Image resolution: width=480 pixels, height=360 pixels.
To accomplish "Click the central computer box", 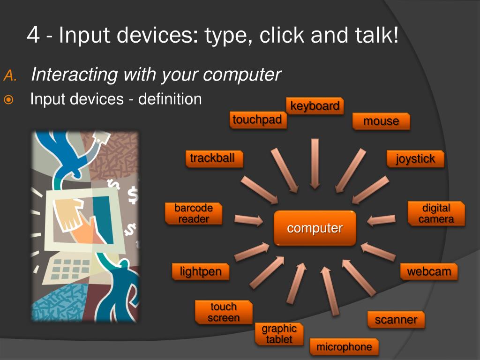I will (x=315, y=228).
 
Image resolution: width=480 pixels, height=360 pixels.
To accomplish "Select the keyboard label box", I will (x=315, y=106).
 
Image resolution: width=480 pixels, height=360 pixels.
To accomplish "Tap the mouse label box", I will (x=381, y=121).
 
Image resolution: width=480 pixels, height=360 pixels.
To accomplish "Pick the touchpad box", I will (x=257, y=120).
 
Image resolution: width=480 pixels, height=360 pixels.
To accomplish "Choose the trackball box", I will (x=212, y=158).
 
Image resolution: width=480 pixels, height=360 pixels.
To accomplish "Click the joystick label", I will (x=415, y=159).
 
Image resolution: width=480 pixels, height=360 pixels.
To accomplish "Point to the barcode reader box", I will (x=194, y=213).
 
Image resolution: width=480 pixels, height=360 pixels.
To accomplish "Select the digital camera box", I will (x=436, y=214).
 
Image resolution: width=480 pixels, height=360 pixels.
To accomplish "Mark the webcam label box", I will (x=429, y=271).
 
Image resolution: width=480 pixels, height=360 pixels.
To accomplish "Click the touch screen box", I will (x=224, y=313).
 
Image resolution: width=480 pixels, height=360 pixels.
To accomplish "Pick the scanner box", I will (x=396, y=320).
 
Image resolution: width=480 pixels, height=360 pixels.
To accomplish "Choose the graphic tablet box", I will (x=279, y=334).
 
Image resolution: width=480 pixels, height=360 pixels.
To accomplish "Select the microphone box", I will (x=344, y=347).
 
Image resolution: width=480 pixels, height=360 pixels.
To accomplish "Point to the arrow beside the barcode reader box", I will (x=248, y=219).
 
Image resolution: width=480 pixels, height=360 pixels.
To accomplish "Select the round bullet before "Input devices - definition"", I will (x=9, y=100).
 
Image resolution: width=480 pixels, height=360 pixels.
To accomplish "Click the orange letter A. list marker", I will (x=10, y=75).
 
